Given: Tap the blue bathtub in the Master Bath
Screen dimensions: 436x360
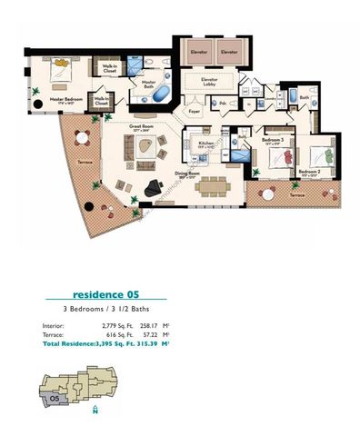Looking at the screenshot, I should pos(161,95).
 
